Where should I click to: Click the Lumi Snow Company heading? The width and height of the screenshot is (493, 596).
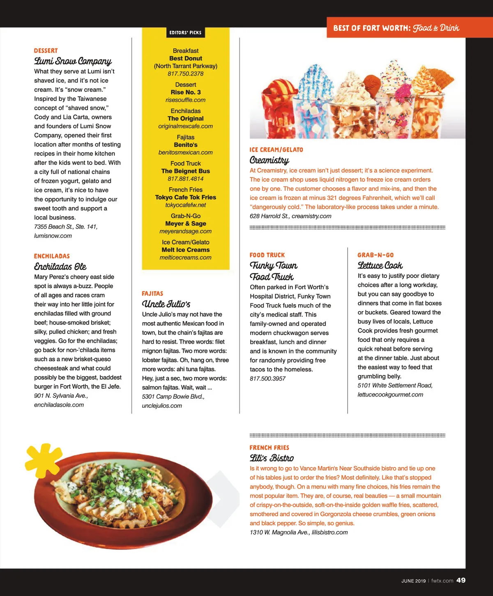(73, 61)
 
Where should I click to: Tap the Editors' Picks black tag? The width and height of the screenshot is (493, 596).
(185, 32)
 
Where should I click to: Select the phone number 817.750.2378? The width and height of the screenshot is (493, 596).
(185, 74)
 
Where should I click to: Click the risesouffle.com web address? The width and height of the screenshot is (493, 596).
(185, 100)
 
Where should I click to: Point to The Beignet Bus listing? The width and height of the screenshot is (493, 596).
(185, 171)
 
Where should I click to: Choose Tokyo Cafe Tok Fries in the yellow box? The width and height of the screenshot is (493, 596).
(185, 197)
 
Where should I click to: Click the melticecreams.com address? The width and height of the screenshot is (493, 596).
(185, 258)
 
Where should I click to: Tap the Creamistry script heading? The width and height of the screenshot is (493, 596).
(269, 160)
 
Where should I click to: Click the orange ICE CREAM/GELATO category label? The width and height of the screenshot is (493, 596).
(276, 150)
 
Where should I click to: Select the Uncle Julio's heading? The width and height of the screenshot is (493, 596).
(166, 304)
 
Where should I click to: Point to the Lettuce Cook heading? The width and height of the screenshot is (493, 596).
(380, 266)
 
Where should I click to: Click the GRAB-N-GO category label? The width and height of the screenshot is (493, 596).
(375, 255)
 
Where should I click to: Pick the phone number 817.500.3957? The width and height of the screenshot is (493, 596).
(267, 379)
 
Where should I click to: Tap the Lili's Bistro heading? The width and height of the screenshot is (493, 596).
(272, 458)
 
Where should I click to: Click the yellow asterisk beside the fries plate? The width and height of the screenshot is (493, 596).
(42, 459)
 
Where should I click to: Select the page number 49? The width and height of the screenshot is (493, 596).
(461, 580)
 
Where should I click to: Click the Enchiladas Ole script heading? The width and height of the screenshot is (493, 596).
(60, 267)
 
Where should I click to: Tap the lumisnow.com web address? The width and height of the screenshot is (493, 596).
(53, 236)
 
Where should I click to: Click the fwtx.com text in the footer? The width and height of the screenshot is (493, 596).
(442, 581)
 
